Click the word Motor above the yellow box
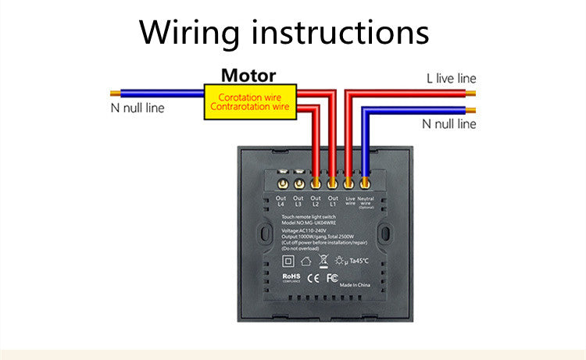coord(248,76)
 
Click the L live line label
coord(451,78)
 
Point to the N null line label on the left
coord(137,108)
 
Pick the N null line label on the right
coord(448,123)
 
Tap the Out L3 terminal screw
coord(298,184)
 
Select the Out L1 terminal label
coord(333,201)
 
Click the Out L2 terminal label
coord(316,201)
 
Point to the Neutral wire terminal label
coord(366,201)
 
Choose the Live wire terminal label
coord(349,201)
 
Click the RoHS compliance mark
coord(292,277)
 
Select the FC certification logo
coord(332,277)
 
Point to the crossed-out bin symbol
coord(323,260)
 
